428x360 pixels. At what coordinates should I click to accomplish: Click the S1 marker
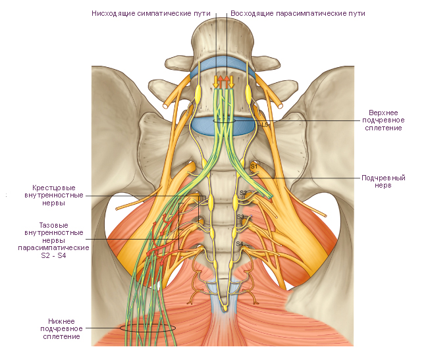[x=254, y=167]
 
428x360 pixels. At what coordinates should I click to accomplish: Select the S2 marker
[x=243, y=193]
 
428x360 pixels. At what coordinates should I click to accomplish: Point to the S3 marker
[x=240, y=217]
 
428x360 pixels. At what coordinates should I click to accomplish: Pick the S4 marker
[x=240, y=244]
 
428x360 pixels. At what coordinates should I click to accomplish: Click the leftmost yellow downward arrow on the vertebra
[x=215, y=82]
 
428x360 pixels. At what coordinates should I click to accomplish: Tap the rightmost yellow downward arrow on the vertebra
[x=232, y=82]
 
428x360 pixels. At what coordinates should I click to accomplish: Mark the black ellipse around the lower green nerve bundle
[x=148, y=327]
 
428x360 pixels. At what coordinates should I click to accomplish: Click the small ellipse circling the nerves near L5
[x=224, y=121]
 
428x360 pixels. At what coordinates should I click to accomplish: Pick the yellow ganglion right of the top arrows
[x=249, y=91]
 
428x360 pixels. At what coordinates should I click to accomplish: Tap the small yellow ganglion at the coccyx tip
[x=225, y=307]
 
